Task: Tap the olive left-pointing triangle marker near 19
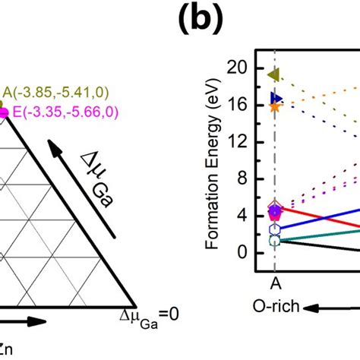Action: coord(275,74)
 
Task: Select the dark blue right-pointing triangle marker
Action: coord(276,99)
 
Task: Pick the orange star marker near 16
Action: coord(275,107)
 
